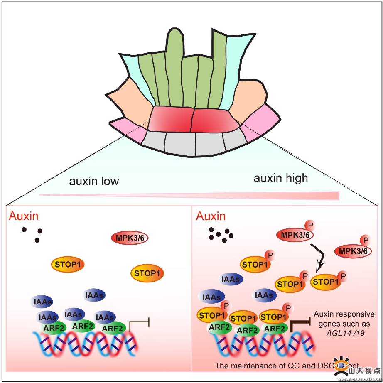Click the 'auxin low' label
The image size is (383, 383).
(x=94, y=181)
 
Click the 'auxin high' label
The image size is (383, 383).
(x=281, y=178)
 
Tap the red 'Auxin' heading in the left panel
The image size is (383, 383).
(x=24, y=216)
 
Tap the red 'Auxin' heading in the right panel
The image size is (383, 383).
(x=211, y=216)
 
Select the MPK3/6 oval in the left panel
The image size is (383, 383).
(x=130, y=238)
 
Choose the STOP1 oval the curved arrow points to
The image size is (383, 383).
(x=327, y=282)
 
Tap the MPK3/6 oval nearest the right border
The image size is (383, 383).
(x=353, y=251)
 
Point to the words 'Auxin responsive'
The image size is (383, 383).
(x=344, y=314)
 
